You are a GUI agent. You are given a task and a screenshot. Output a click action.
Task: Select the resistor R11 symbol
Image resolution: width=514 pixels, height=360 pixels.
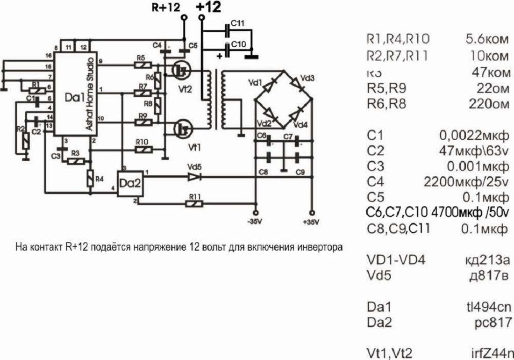click(194, 204)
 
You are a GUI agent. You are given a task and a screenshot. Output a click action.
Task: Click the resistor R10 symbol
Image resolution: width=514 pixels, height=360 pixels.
click(143, 150)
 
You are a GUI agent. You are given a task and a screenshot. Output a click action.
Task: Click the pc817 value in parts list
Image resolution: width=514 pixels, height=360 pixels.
click(490, 322)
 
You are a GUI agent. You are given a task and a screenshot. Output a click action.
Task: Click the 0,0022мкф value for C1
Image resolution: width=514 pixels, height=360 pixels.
click(473, 136)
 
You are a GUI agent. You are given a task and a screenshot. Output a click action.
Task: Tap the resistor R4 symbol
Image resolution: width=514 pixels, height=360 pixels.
click(90, 177)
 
